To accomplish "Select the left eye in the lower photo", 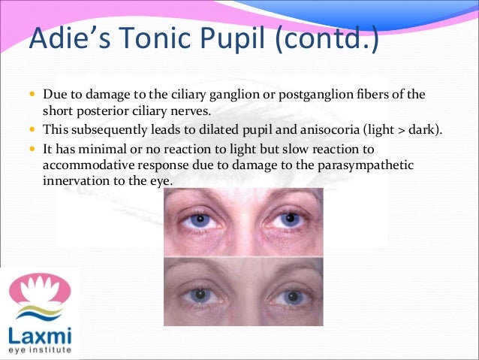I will [x=200, y=295].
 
